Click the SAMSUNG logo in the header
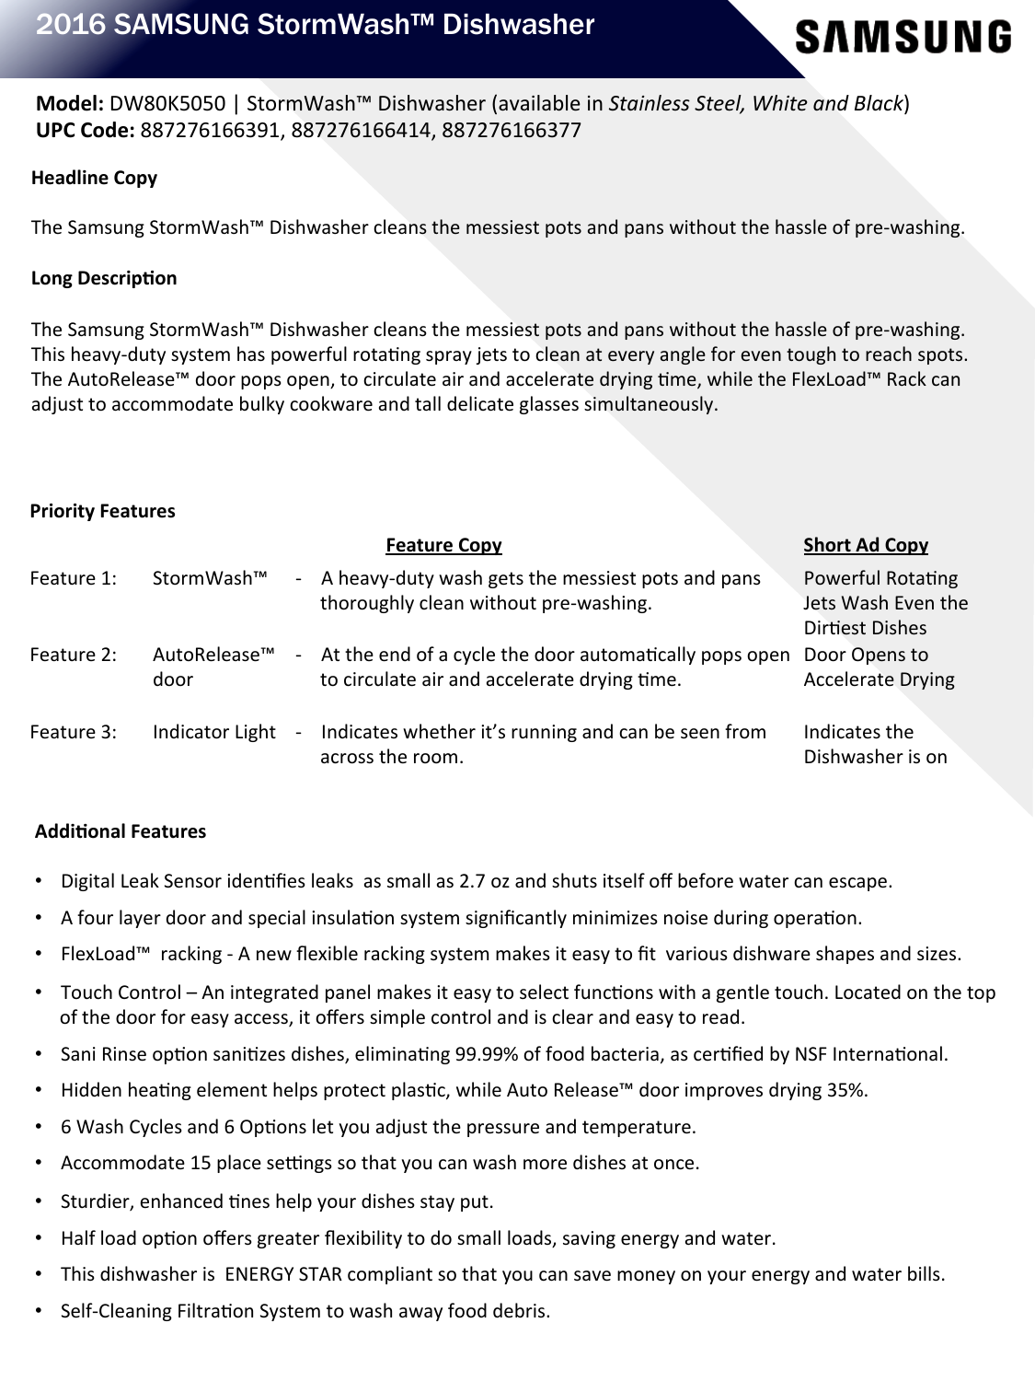(903, 38)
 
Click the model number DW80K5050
(167, 104)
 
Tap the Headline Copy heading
(94, 179)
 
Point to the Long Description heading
(104, 278)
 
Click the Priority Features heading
(102, 512)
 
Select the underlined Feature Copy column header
(443, 546)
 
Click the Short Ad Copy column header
(866, 546)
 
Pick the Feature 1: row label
(73, 579)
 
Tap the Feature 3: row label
(73, 733)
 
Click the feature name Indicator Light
(213, 733)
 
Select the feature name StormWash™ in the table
(210, 579)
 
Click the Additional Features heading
(121, 832)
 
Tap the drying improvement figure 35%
(846, 1091)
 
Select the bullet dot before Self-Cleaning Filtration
(39, 1310)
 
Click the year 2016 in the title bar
(69, 25)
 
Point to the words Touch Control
(121, 993)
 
